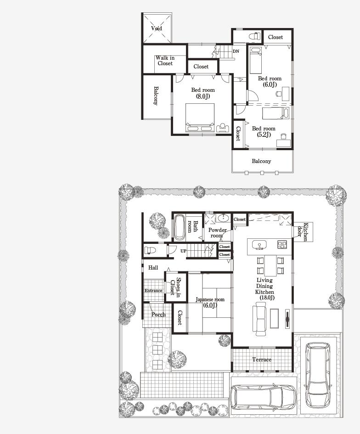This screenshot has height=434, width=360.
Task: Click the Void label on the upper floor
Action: tap(157, 28)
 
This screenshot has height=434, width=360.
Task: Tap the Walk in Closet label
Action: tap(165, 61)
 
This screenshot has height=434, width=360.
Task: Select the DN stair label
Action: tap(236, 51)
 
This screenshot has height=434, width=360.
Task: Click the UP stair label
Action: tap(183, 251)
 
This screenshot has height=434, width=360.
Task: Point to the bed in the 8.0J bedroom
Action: tap(200, 117)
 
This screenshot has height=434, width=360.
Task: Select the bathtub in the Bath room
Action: tap(179, 228)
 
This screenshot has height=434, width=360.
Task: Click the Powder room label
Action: tap(218, 233)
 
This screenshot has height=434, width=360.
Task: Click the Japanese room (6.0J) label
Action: tap(209, 302)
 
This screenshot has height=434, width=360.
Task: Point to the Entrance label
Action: tap(153, 291)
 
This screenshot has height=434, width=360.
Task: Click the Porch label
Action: tap(158, 315)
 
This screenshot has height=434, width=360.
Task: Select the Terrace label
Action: tap(262, 360)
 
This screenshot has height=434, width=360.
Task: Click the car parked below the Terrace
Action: tap(263, 397)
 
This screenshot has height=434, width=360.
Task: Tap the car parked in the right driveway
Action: tap(319, 375)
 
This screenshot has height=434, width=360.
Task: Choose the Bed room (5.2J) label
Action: tap(264, 131)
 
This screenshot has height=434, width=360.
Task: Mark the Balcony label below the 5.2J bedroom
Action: tap(261, 161)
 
